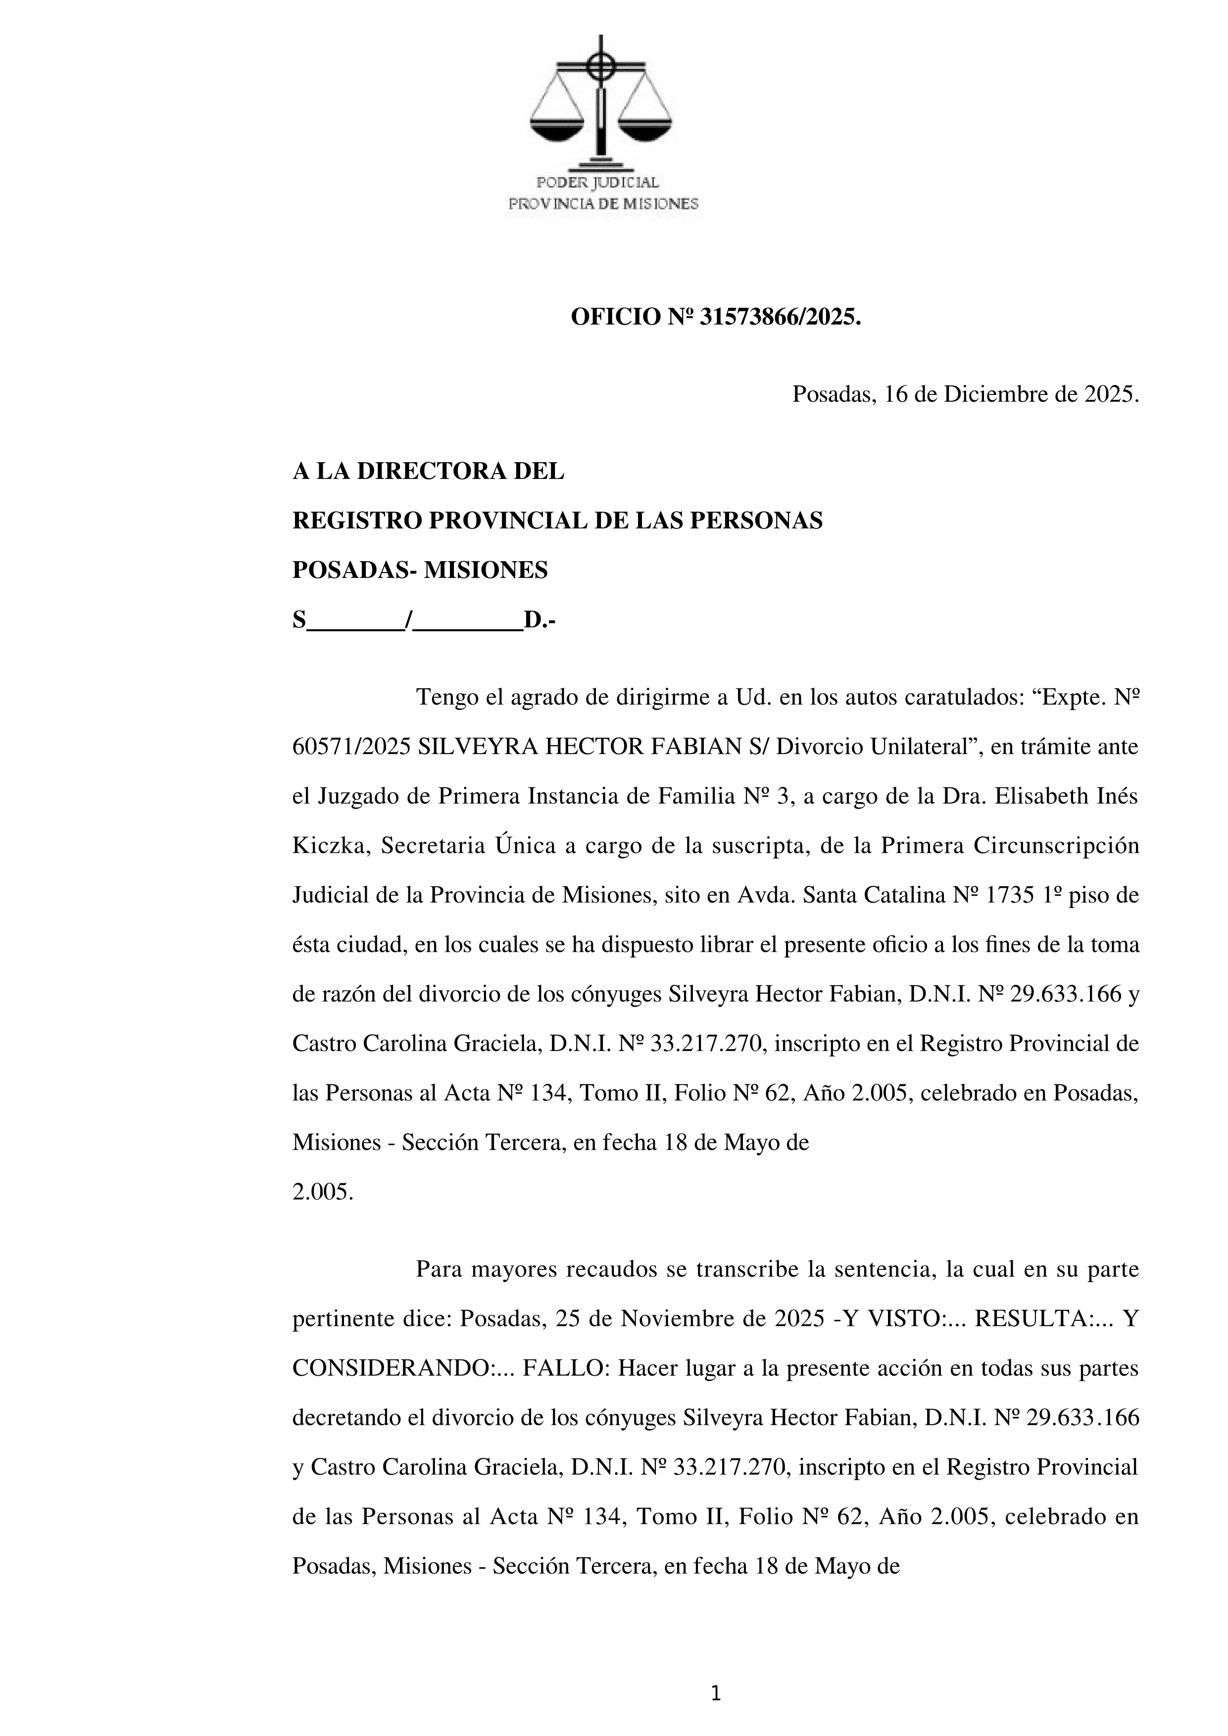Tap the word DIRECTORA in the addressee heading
click(443, 471)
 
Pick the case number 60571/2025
click(351, 747)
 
